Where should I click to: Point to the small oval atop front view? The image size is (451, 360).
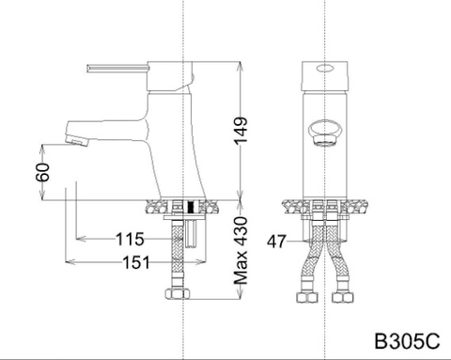(x=324, y=69)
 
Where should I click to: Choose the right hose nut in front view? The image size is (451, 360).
(x=344, y=299)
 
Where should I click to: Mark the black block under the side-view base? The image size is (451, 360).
(x=191, y=207)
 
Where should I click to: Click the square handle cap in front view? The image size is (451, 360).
(x=324, y=73)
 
